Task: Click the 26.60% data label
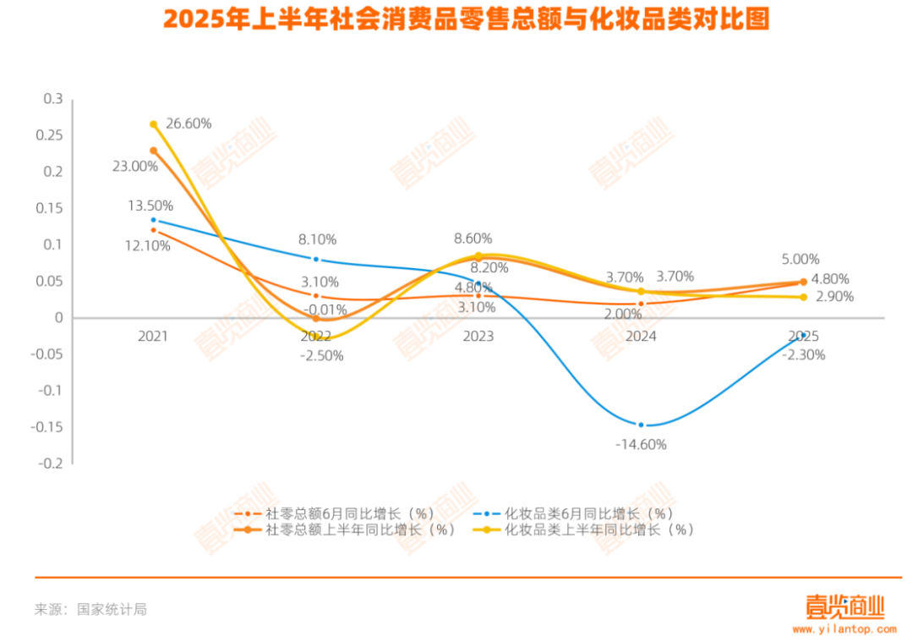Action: [x=189, y=123]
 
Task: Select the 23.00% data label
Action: [x=135, y=167]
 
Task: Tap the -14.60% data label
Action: [x=641, y=444]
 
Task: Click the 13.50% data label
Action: [x=150, y=206]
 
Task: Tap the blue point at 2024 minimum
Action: [x=641, y=425]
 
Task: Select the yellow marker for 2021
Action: [x=153, y=124]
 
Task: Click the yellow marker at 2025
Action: [x=803, y=297]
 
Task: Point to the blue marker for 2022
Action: [x=316, y=259]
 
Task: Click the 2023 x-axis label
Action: [x=478, y=336]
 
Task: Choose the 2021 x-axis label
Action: [x=153, y=336]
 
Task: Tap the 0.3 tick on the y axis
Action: [x=53, y=99]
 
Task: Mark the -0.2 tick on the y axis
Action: [x=51, y=464]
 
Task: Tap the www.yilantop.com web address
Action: [x=844, y=629]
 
